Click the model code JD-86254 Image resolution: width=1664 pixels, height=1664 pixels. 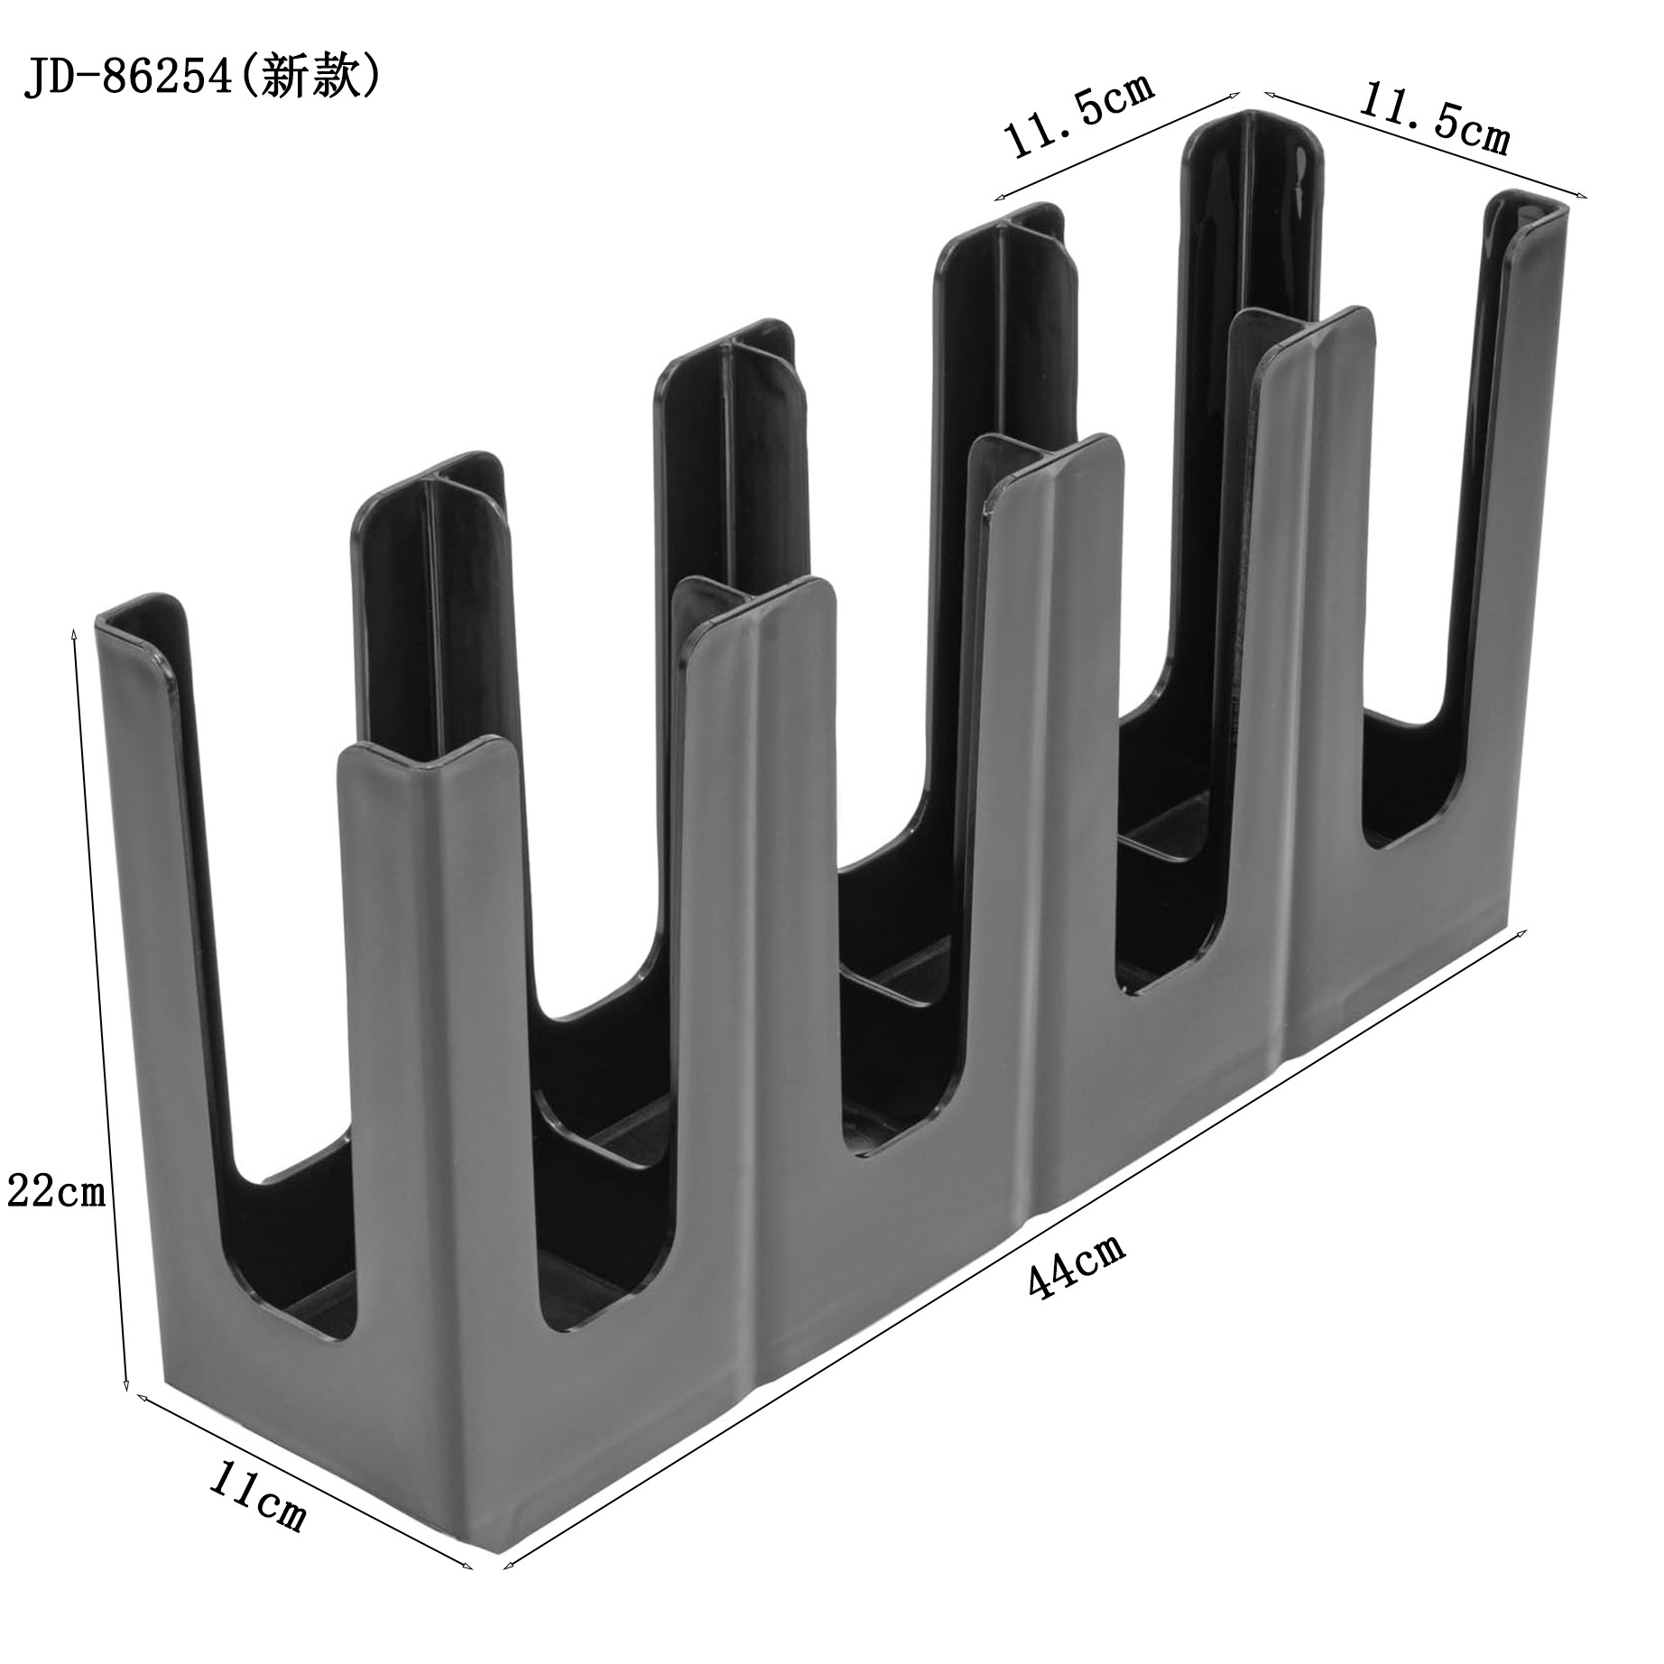tap(127, 79)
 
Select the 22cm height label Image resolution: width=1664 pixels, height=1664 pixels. tap(56, 1193)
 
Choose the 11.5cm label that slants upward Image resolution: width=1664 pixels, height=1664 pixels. tap(1077, 117)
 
